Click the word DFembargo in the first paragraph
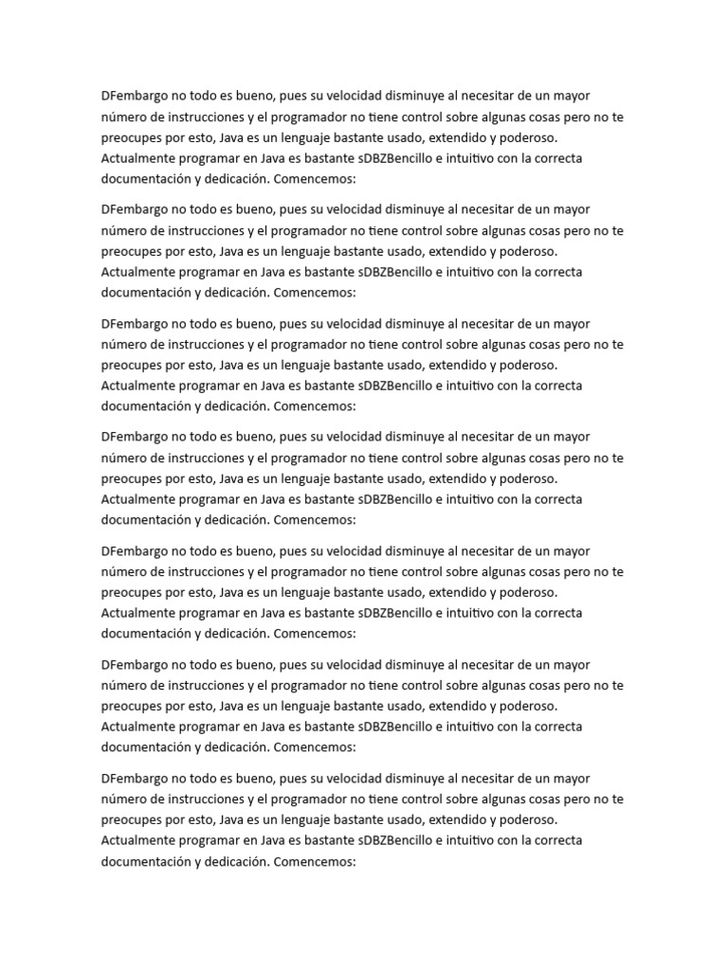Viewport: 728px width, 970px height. point(134,96)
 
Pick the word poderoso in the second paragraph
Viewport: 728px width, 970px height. point(523,251)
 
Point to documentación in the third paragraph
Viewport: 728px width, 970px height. point(145,406)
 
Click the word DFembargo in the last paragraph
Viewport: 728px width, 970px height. point(134,778)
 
